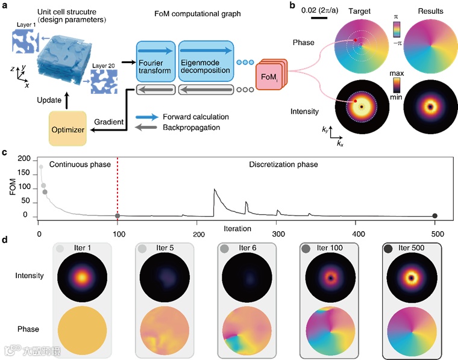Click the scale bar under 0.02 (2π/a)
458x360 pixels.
tap(319, 17)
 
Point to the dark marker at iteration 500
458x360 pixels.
tap(435, 216)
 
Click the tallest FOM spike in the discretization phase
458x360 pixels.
tap(215, 190)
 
